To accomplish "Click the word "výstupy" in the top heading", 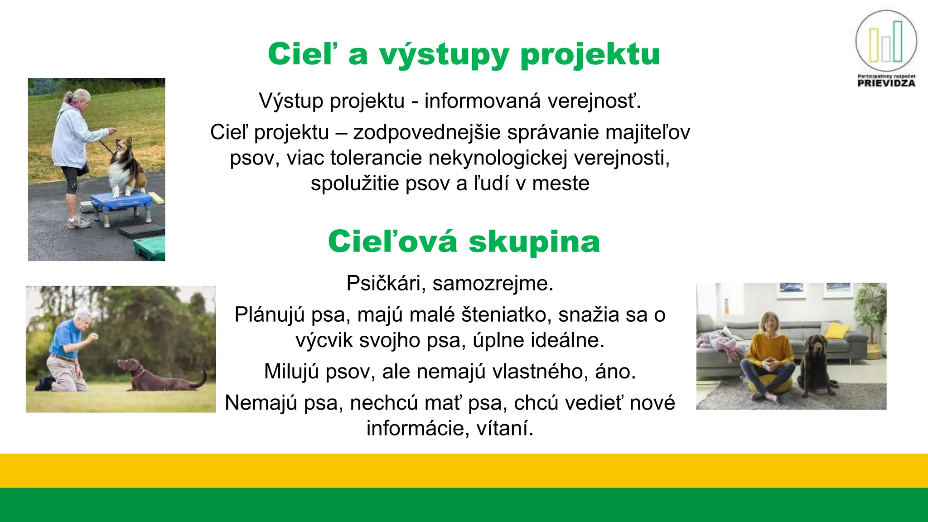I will pyautogui.click(x=444, y=55).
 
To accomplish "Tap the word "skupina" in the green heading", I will pyautogui.click(x=534, y=242).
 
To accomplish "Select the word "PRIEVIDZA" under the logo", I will pyautogui.click(x=886, y=83).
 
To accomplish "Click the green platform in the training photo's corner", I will pyautogui.click(x=150, y=249).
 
